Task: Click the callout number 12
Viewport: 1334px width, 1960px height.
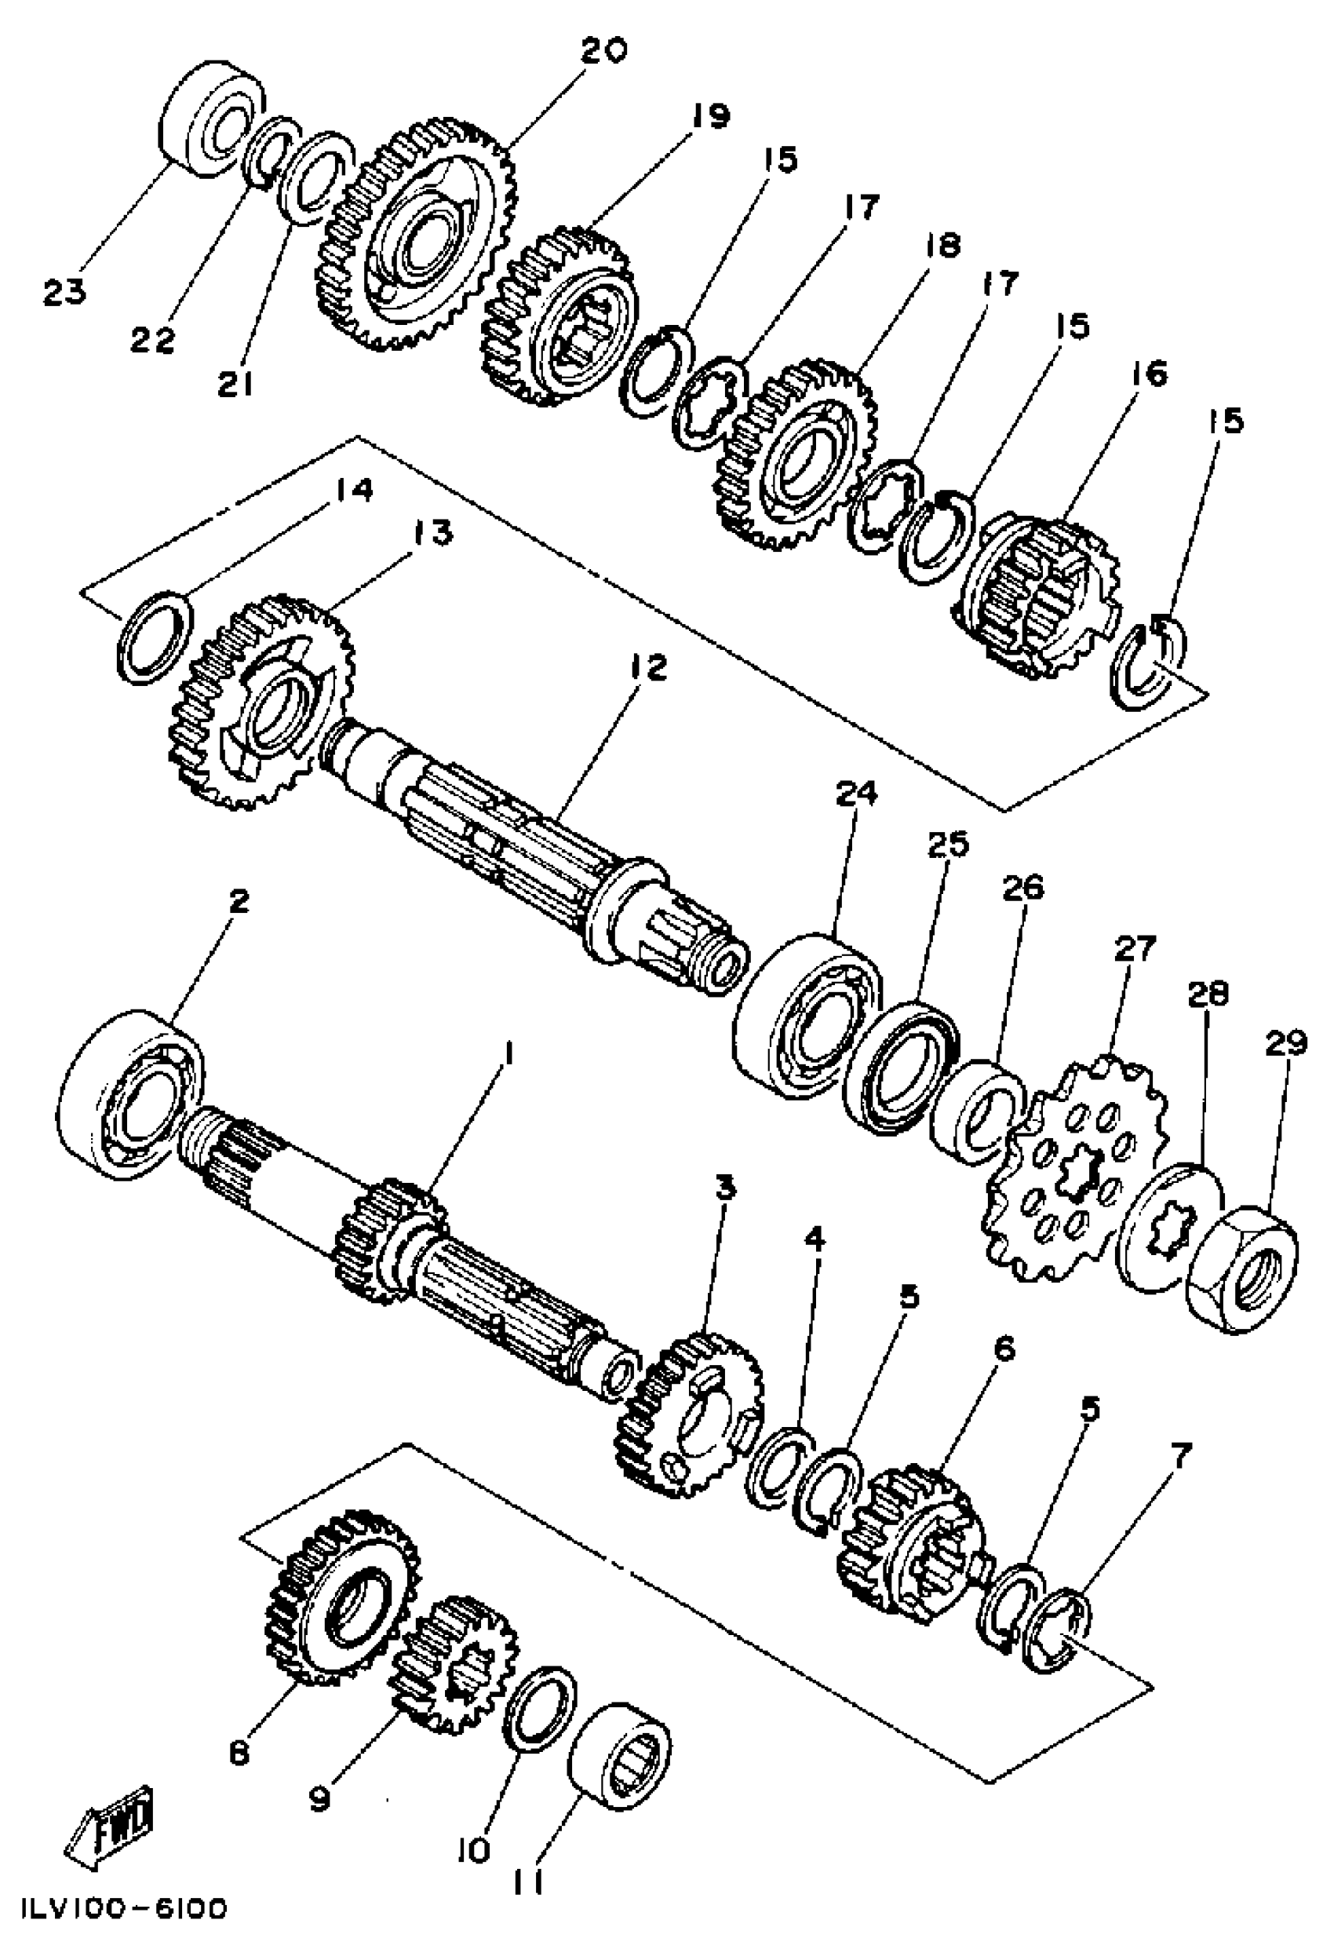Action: click(x=647, y=667)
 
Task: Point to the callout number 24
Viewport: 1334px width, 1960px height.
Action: click(x=857, y=794)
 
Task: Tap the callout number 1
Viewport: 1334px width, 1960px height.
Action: click(x=508, y=1053)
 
